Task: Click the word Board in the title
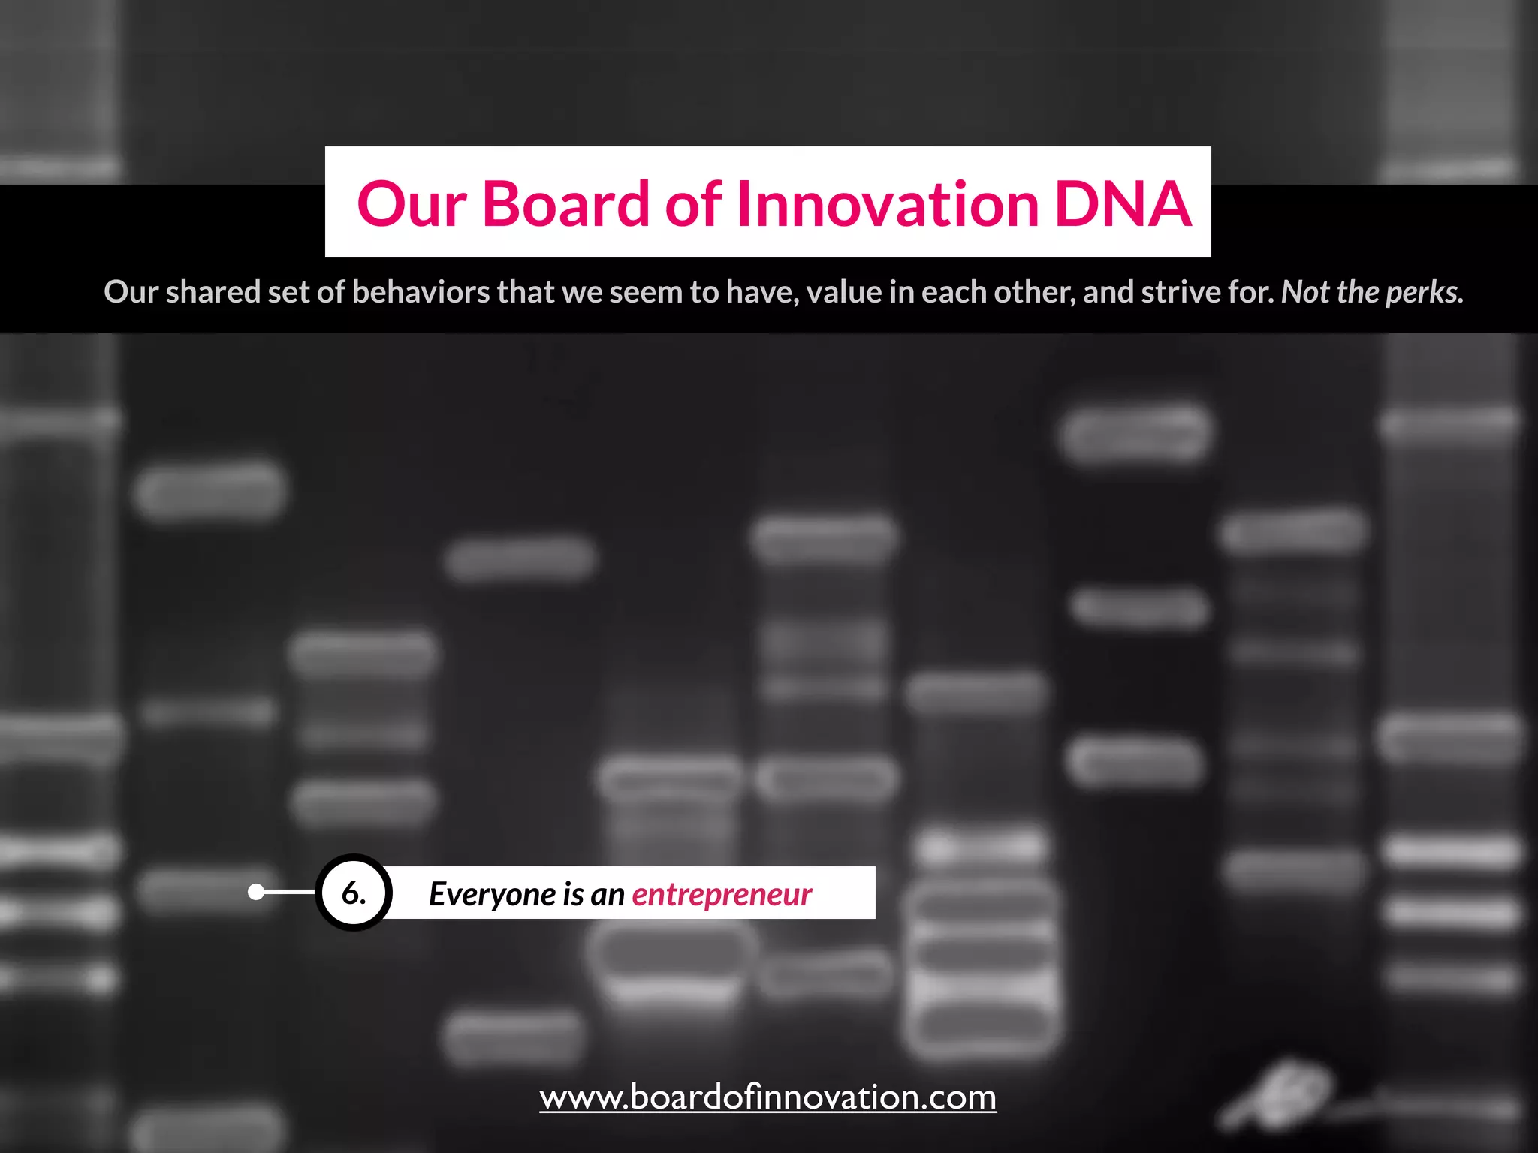[565, 204]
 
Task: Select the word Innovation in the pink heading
[888, 204]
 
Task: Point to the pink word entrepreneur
[722, 894]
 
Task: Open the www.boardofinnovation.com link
[767, 1097]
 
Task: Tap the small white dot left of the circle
[256, 892]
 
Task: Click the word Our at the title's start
[412, 204]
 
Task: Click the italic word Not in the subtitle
[1305, 292]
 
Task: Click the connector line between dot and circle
[289, 892]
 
